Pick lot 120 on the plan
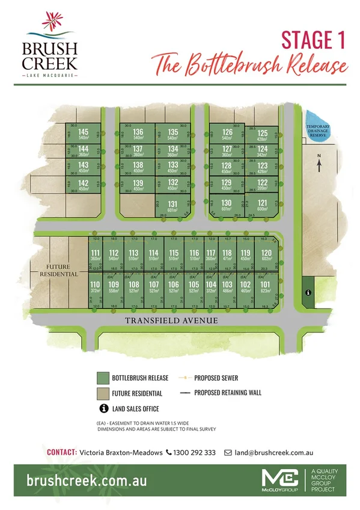[266, 255]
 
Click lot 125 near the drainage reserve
[262, 134]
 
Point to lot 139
[138, 185]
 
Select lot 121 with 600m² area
[262, 204]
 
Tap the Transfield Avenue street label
[171, 321]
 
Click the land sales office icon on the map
[308, 292]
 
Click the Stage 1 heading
[313, 40]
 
